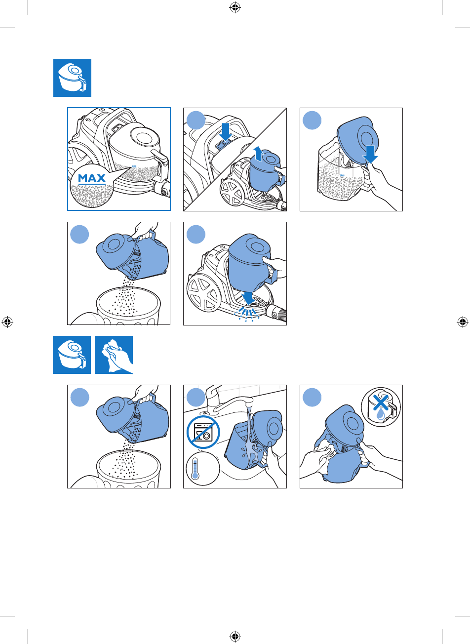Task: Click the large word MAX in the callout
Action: click(x=92, y=178)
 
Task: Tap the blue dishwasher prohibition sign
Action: click(x=203, y=432)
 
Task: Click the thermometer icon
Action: click(x=195, y=469)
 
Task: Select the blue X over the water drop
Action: click(x=381, y=402)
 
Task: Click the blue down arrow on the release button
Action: click(x=225, y=132)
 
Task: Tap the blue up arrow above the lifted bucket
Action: click(x=258, y=154)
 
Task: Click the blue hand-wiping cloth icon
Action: click(x=114, y=355)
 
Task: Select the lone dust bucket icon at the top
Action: click(x=72, y=78)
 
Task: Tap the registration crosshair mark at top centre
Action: click(x=235, y=8)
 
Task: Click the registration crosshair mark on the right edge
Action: click(x=462, y=322)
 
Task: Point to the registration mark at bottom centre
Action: click(x=235, y=636)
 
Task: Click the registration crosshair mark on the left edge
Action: click(x=7, y=322)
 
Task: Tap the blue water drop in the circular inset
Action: click(x=381, y=415)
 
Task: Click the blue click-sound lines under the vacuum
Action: click(x=247, y=314)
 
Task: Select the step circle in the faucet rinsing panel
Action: click(x=196, y=397)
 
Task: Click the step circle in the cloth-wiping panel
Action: click(x=312, y=397)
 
